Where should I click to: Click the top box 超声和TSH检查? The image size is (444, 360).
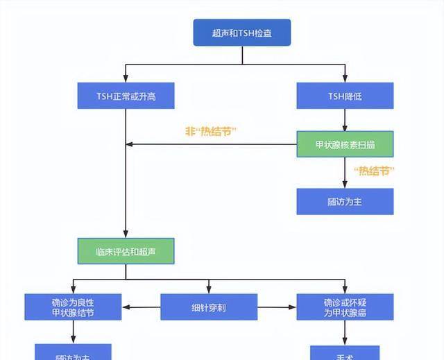(x=241, y=33)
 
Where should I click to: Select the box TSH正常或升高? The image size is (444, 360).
(x=126, y=96)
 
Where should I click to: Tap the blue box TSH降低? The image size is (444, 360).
(x=345, y=96)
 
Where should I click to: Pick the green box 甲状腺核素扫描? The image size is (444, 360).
(x=345, y=144)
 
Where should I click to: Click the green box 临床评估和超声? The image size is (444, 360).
(x=126, y=251)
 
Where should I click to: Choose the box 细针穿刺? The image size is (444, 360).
(x=208, y=307)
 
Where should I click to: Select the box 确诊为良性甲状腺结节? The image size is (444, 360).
(x=73, y=307)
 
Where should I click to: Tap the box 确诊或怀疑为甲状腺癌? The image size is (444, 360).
(x=345, y=307)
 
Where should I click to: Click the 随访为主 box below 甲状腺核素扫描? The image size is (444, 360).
(x=345, y=201)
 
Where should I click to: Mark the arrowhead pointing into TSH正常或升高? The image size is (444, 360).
(x=126, y=79)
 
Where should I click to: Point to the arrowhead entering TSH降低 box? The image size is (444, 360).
(x=345, y=79)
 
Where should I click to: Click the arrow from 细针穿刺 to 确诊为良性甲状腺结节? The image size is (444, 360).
(x=142, y=307)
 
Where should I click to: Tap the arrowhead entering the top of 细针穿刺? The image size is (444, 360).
(x=208, y=289)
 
